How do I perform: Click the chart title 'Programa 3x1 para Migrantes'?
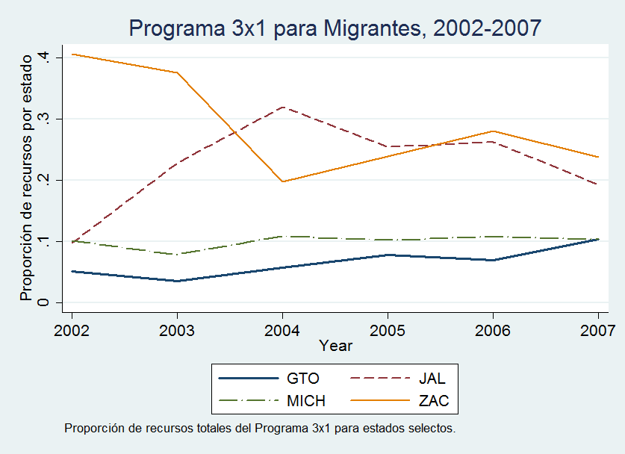(x=335, y=28)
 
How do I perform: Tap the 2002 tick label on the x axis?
(x=72, y=330)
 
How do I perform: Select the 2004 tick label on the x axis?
(x=282, y=330)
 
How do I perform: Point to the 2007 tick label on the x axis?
(x=598, y=330)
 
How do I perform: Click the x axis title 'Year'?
(x=335, y=346)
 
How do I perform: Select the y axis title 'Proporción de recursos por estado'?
(x=27, y=176)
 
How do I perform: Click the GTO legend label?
(x=303, y=379)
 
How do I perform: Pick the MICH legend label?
(x=306, y=401)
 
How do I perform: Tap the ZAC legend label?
(x=434, y=401)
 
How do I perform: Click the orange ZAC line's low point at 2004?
(x=282, y=181)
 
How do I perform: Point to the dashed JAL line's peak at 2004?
(x=282, y=107)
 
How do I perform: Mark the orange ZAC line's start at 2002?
(x=72, y=54)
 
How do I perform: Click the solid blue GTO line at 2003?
(x=177, y=281)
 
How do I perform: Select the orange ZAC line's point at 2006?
(x=493, y=131)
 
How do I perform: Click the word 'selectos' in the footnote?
(x=431, y=429)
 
